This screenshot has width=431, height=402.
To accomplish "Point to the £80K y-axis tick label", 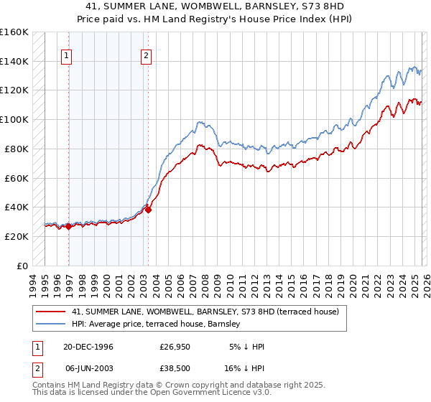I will click(17, 149).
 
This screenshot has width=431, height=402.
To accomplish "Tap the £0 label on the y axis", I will click(23, 266).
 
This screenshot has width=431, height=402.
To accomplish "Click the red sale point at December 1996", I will click(69, 226).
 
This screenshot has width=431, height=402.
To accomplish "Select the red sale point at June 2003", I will click(148, 210).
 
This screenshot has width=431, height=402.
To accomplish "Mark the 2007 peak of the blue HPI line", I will click(199, 122).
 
